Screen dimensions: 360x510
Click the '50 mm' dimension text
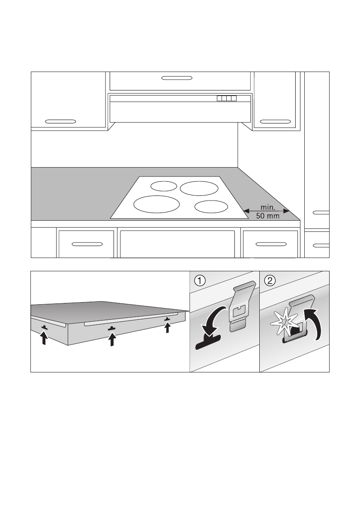(267, 216)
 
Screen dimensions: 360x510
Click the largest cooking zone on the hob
(156, 204)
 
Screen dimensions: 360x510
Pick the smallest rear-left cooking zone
(163, 186)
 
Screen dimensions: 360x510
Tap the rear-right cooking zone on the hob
(199, 188)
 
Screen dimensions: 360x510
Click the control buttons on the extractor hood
(227, 99)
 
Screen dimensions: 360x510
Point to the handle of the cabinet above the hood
(177, 78)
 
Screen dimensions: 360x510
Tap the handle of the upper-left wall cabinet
(60, 121)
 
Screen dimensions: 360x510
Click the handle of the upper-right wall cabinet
(276, 121)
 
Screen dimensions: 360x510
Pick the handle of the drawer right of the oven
(270, 244)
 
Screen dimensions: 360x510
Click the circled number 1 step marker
(199, 281)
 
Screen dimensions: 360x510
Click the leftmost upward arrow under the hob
(44, 339)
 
